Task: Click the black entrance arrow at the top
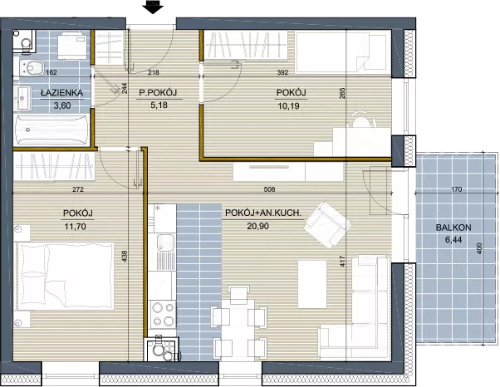153,7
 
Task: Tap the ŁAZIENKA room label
61,93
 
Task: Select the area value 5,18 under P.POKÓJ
159,105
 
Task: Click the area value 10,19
288,105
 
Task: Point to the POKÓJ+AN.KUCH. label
263,213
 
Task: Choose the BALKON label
453,228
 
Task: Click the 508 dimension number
269,189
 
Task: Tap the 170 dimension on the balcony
457,189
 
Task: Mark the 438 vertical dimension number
125,257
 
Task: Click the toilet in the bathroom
32,68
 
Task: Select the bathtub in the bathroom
51,129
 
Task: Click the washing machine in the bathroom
72,46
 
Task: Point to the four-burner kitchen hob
163,315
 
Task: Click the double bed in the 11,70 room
66,276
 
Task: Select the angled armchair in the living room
327,224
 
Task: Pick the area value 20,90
257,226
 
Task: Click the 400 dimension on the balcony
479,248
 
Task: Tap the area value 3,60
62,105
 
